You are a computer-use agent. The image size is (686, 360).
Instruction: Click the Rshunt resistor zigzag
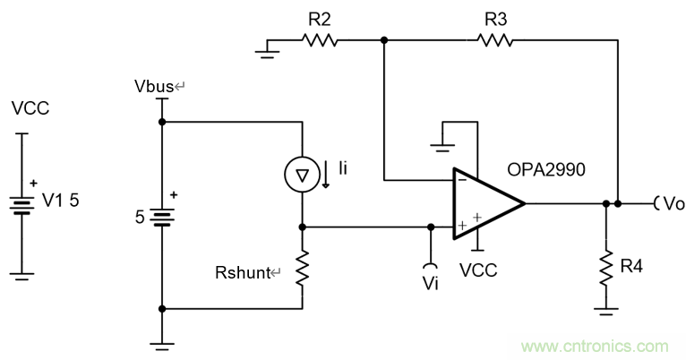tap(304, 267)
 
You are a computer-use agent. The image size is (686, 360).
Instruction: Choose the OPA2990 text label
tap(545, 168)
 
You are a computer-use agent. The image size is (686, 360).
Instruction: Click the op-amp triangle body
tap(484, 202)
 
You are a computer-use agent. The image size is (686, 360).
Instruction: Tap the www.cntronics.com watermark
tap(595, 346)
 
